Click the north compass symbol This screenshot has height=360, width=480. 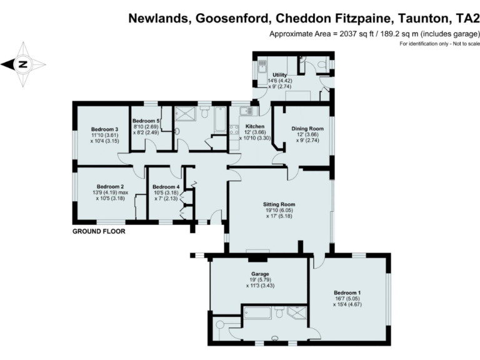[x=23, y=64]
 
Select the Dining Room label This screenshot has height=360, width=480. [x=308, y=129]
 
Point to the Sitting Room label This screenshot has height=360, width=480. [x=279, y=204]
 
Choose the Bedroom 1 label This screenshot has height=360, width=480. [x=347, y=292]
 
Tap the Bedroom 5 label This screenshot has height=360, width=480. [x=146, y=121]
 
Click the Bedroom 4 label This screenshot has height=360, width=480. [x=166, y=187]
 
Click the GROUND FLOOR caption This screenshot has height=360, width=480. [x=99, y=231]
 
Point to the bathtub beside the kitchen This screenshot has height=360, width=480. [x=221, y=118]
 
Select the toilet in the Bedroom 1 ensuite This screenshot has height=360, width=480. [x=279, y=311]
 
